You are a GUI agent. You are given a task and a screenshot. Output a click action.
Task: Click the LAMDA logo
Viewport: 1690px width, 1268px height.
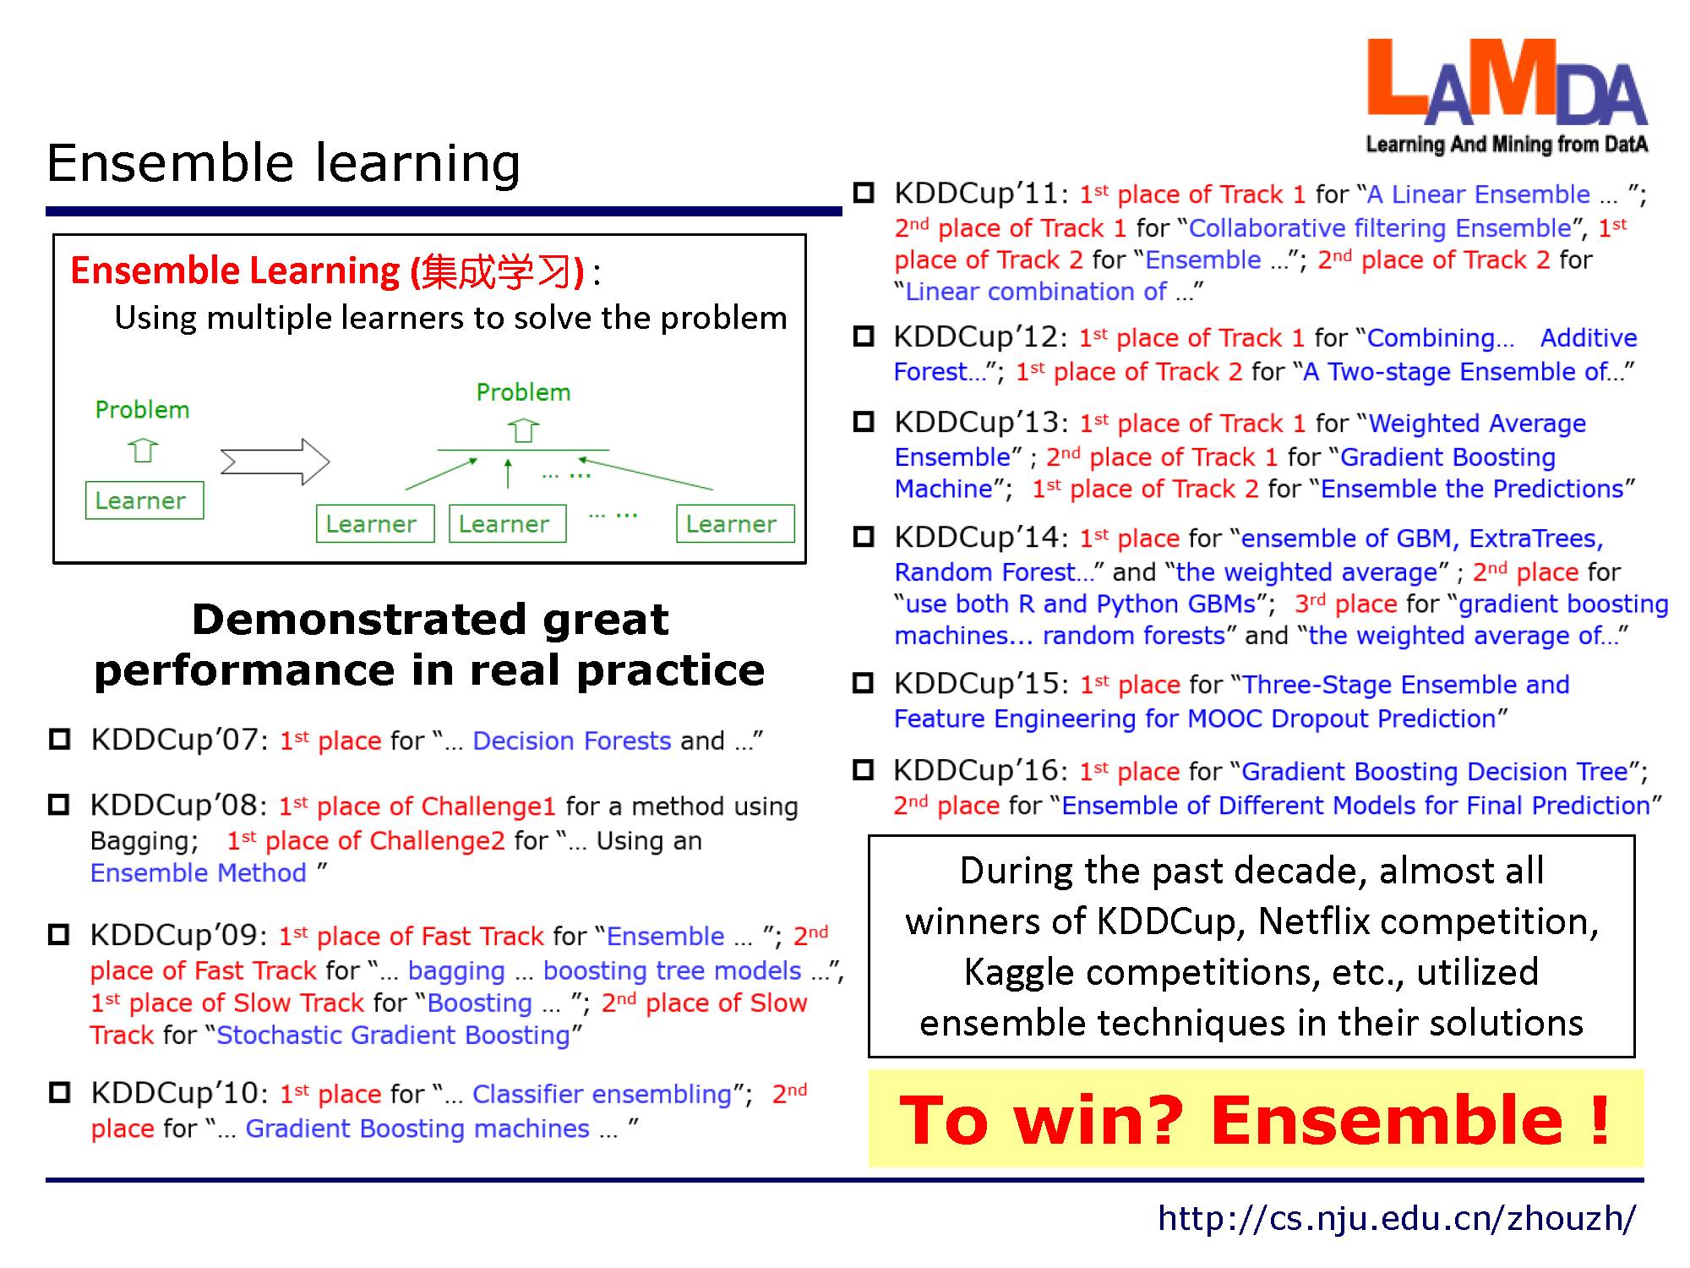click(1507, 96)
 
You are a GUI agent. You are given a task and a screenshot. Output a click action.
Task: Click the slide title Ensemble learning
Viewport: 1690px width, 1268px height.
click(283, 163)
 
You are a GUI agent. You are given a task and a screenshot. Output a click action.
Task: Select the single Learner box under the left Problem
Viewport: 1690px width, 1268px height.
click(144, 500)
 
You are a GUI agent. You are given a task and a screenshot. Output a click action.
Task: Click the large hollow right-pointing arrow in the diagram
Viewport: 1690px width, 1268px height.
click(275, 462)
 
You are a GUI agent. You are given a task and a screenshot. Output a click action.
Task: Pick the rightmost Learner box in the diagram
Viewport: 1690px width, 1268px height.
click(735, 524)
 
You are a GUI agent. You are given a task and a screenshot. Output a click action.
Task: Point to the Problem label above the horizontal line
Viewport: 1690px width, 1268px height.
click(523, 392)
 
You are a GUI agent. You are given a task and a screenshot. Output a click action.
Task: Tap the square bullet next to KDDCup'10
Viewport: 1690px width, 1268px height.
click(59, 1093)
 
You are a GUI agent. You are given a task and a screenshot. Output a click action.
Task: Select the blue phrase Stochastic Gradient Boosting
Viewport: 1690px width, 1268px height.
click(393, 1036)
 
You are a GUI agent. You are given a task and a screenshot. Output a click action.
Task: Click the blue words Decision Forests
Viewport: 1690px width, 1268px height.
click(572, 741)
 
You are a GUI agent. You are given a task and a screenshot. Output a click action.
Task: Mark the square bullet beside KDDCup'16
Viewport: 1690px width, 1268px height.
click(864, 770)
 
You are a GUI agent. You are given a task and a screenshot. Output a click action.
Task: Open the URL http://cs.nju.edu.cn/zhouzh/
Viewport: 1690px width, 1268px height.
click(1397, 1218)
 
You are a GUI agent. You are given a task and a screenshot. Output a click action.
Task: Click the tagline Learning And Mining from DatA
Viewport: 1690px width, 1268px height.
click(1507, 145)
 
